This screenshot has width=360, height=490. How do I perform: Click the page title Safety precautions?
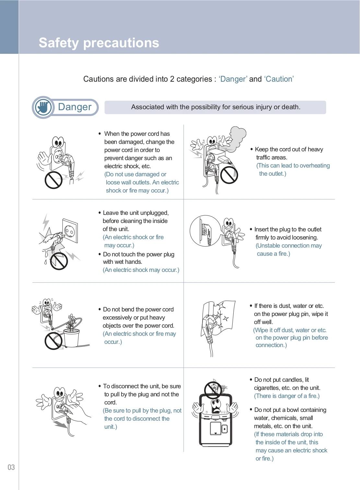[x=99, y=43]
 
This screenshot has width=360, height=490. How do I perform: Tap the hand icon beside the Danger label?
[x=43, y=107]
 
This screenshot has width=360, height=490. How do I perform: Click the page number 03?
[x=11, y=467]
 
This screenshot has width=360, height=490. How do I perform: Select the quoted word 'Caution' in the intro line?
[x=279, y=79]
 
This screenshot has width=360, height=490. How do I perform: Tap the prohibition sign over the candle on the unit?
[x=213, y=390]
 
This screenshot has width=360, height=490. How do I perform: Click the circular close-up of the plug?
[x=205, y=231]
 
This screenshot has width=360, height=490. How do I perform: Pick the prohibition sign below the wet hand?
[x=59, y=261]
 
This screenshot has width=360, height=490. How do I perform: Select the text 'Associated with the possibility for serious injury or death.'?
[x=215, y=107]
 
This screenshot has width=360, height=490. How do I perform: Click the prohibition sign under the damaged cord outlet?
[x=53, y=180]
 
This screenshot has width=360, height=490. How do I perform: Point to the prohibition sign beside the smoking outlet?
[x=229, y=175]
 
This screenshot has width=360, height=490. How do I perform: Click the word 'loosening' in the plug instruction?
[x=303, y=238]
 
